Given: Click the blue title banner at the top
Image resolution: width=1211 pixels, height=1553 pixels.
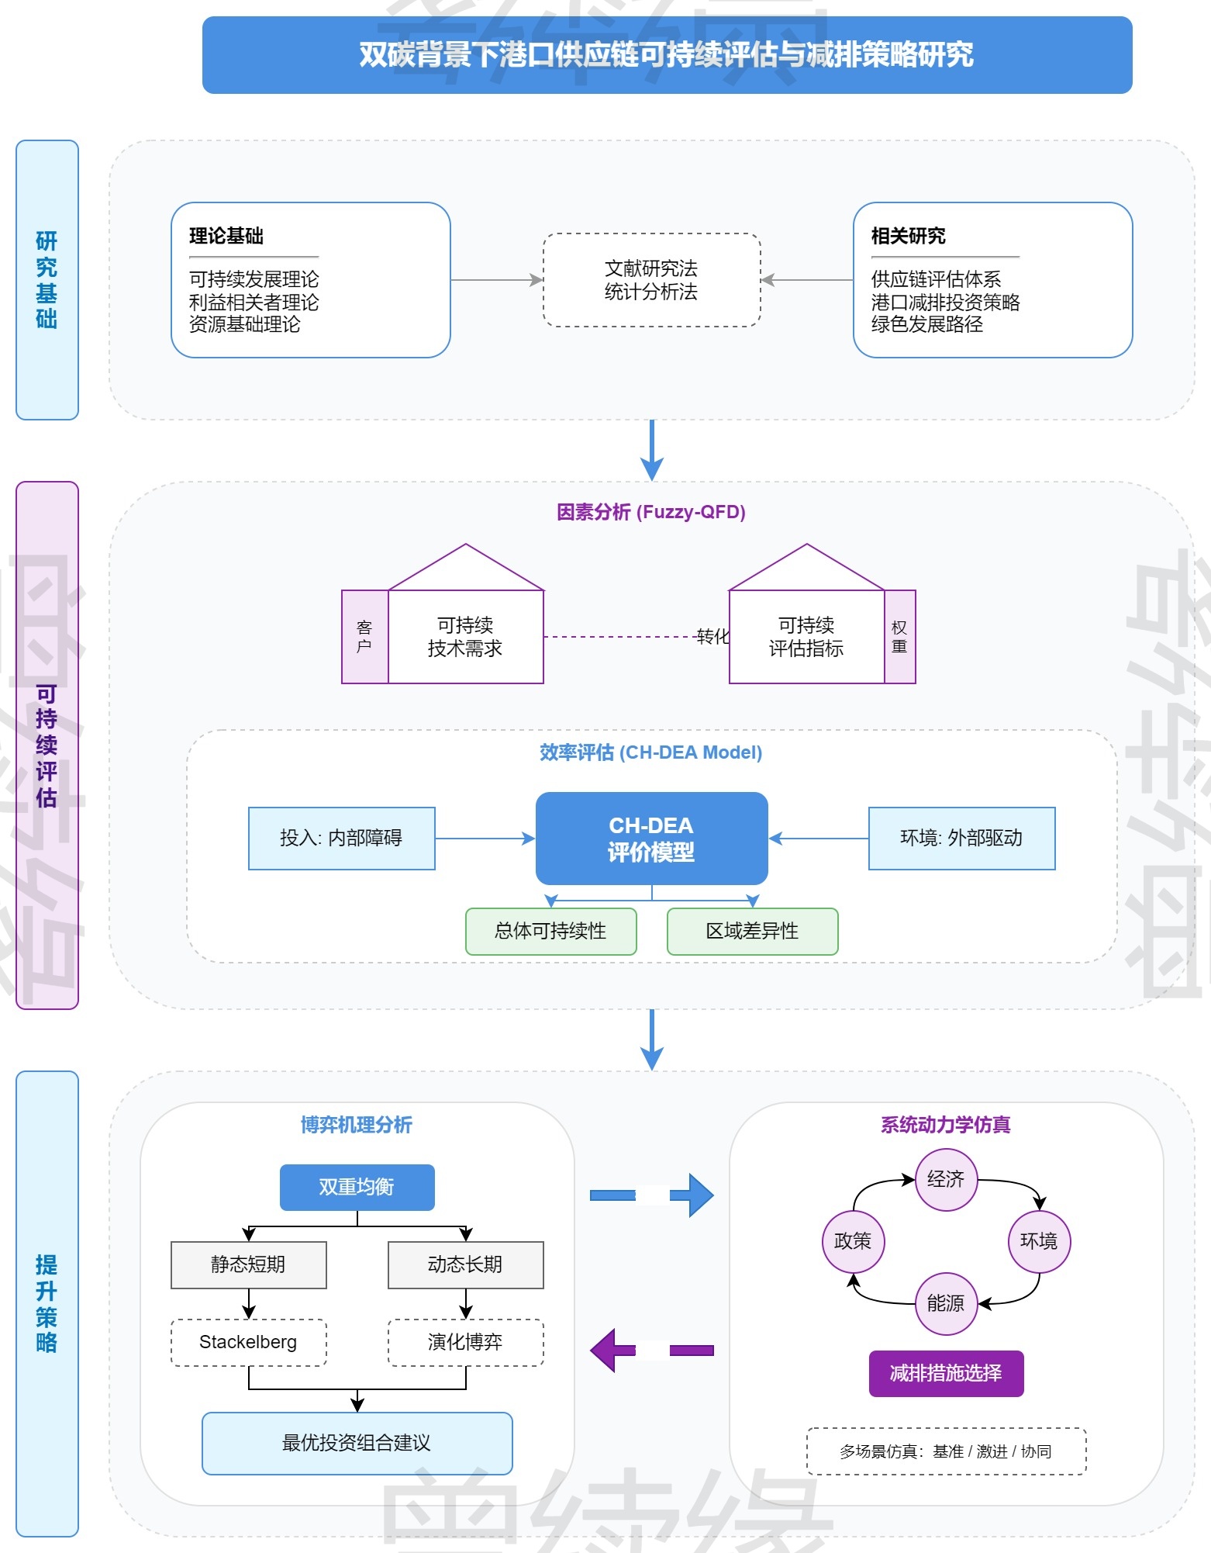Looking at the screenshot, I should pos(667,55).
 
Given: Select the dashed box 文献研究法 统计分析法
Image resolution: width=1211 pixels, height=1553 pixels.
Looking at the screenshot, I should pos(651,280).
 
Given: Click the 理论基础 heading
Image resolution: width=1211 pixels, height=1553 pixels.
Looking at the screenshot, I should pos(226,236).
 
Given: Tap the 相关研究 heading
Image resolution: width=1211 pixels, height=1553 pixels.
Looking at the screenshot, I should pos(908,236).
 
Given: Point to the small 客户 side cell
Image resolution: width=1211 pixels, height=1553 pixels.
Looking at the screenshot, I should pos(364,637).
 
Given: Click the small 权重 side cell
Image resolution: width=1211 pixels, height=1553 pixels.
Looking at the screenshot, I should pos(899,637).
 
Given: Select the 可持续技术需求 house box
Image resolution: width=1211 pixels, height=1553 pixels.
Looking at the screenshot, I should pos(465,637).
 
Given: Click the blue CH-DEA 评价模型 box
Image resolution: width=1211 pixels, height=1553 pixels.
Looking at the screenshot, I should pos(651,839).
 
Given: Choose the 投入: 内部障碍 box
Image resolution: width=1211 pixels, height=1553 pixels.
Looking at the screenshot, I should pos(341,839).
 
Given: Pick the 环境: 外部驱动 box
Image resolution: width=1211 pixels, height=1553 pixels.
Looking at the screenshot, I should pos(961,839).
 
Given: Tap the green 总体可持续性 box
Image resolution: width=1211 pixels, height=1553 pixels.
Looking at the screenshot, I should pos(550,932).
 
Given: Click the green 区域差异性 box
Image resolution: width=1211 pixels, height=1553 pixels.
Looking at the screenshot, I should pos(752,932).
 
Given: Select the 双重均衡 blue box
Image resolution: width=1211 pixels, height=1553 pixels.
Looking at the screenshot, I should pos(357,1188).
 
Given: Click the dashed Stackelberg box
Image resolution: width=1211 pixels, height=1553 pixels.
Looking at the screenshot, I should pos(248,1343).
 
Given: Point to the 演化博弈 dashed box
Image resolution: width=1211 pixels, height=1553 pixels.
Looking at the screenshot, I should pos(465,1343).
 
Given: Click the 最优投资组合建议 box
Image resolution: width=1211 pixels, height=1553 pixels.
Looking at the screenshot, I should pos(357,1444).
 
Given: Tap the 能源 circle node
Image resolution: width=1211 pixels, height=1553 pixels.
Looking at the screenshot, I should pos(946,1304).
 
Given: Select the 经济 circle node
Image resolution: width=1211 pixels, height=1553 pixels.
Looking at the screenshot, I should pos(946,1180).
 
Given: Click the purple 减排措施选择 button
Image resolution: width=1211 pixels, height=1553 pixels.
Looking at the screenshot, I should pos(946,1374).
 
